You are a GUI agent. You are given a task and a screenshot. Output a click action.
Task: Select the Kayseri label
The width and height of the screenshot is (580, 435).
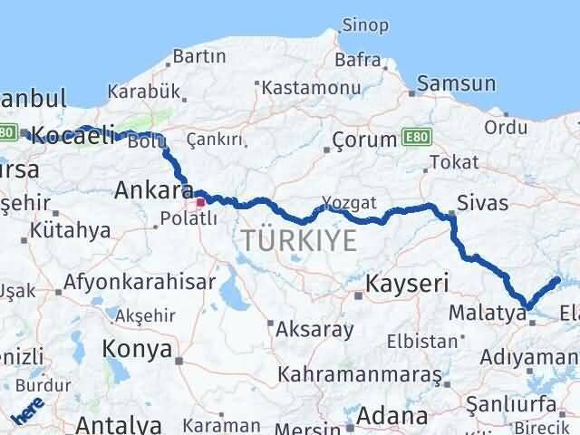point(407,285)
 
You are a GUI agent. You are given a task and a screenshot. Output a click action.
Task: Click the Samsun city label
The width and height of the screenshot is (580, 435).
point(458,84)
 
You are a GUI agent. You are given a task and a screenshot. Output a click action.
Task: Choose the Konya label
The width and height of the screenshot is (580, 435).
point(137,349)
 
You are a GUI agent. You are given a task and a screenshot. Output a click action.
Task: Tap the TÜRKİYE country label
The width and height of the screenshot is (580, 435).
point(298,240)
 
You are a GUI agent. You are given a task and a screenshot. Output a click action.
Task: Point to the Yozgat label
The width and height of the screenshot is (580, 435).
point(347,203)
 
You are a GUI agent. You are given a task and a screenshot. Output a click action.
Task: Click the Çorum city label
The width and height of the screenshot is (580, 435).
point(364,140)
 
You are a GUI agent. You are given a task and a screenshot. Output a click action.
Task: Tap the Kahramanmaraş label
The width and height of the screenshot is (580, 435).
point(361,373)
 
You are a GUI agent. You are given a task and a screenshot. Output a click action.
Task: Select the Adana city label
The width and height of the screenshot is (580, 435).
point(392,417)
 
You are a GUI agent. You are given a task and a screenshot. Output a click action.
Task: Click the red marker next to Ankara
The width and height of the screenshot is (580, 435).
point(201,193)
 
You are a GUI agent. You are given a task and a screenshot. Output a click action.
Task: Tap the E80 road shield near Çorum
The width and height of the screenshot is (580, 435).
point(417,137)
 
